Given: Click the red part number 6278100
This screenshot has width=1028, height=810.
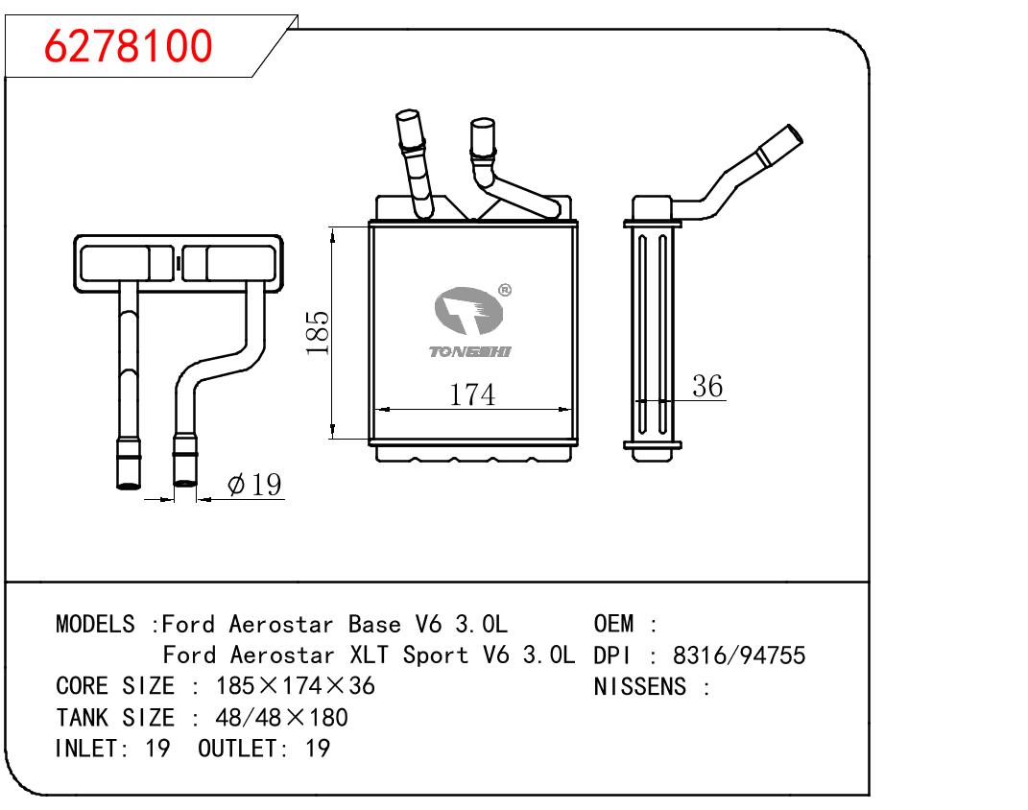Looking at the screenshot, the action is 129,46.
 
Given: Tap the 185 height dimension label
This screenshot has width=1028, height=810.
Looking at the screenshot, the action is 318,333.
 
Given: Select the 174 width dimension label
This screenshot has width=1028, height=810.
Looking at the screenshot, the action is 472,394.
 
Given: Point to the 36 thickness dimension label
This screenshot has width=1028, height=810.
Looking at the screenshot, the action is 707,386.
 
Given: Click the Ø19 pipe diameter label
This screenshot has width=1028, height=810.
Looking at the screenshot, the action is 254,485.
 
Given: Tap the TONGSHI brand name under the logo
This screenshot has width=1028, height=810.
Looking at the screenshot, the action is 469,352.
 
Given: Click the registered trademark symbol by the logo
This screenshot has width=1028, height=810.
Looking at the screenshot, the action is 504,290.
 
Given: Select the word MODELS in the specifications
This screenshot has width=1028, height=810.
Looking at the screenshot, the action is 95,624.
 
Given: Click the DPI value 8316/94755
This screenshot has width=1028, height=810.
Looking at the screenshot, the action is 739,655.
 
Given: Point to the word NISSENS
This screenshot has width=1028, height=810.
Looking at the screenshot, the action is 640,687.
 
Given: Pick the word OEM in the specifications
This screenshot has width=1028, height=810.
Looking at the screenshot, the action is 613,624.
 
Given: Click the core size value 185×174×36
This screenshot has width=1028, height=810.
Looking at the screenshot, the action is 295,686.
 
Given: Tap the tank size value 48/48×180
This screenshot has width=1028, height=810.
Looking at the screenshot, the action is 281,718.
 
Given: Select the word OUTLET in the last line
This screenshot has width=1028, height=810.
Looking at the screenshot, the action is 237,749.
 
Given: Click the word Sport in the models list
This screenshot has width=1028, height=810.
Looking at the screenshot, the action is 436,655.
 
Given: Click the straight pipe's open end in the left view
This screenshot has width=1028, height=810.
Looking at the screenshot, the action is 129,485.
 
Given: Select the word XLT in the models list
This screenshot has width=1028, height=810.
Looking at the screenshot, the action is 370,655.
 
